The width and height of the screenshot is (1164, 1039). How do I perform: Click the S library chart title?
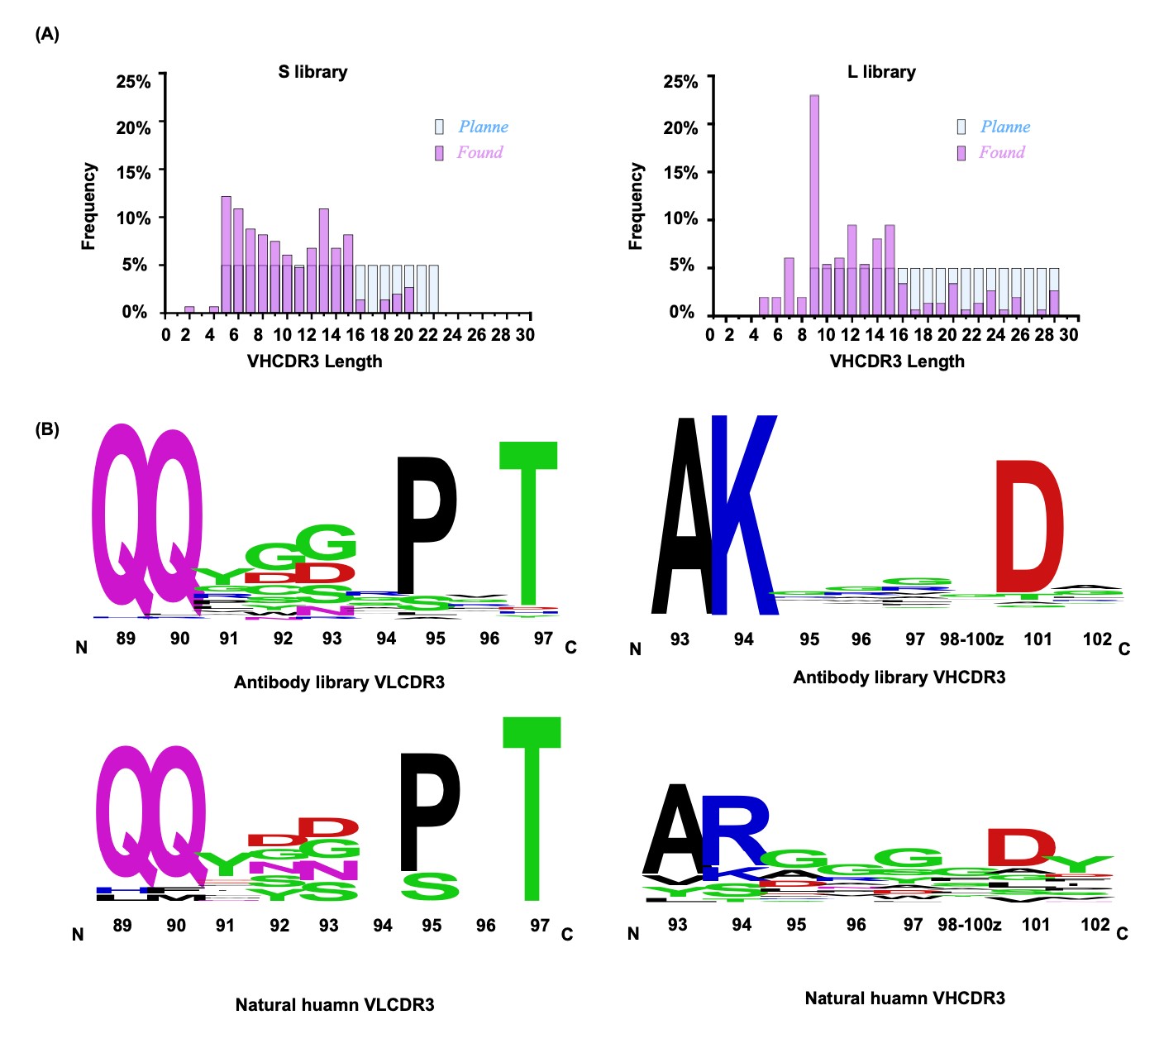pos(312,72)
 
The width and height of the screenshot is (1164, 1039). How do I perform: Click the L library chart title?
pos(881,72)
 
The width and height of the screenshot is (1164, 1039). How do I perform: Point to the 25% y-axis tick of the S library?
pos(134,81)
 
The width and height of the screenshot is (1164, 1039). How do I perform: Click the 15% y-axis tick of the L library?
pos(680,173)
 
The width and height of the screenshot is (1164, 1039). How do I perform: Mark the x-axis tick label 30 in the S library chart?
pos(525,335)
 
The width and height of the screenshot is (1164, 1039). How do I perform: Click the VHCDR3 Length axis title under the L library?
pos(897,361)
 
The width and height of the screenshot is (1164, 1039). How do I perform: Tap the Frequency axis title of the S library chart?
pos(88,206)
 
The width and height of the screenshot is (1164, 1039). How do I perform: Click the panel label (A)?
pos(47,34)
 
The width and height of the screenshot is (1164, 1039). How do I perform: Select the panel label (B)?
pos(47,430)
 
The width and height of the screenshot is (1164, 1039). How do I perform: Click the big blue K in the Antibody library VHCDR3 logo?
pos(743,517)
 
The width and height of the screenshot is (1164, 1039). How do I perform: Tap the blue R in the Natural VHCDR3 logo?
pos(734,830)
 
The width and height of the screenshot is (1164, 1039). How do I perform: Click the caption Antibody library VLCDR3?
pos(339,682)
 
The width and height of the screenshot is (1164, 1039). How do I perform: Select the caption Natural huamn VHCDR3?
pos(904,998)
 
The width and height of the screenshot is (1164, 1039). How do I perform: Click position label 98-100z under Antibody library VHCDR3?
pos(971,639)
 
